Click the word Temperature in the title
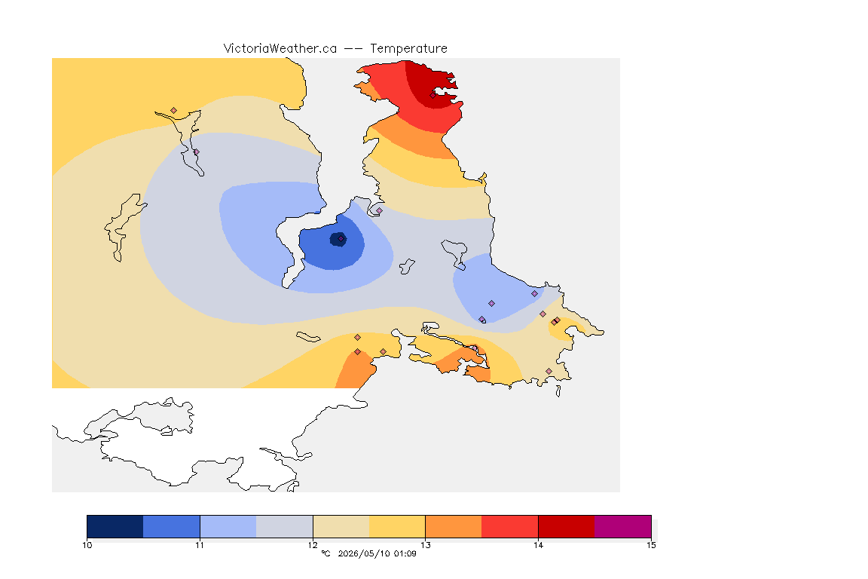[408, 49]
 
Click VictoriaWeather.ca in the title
[280, 49]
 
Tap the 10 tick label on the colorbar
[87, 545]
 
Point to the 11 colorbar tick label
[200, 545]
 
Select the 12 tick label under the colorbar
[313, 545]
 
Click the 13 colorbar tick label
[425, 545]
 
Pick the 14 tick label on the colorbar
[538, 545]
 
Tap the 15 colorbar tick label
[651, 545]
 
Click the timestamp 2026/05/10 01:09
[377, 553]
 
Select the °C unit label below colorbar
[325, 553]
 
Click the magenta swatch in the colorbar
[623, 526]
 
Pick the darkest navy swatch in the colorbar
[115, 526]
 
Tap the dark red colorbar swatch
[567, 526]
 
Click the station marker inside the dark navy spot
[341, 239]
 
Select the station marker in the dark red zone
[433, 95]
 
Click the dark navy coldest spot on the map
[338, 239]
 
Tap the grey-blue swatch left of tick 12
[285, 526]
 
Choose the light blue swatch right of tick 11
[228, 526]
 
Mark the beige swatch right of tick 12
[341, 526]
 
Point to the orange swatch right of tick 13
[454, 526]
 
